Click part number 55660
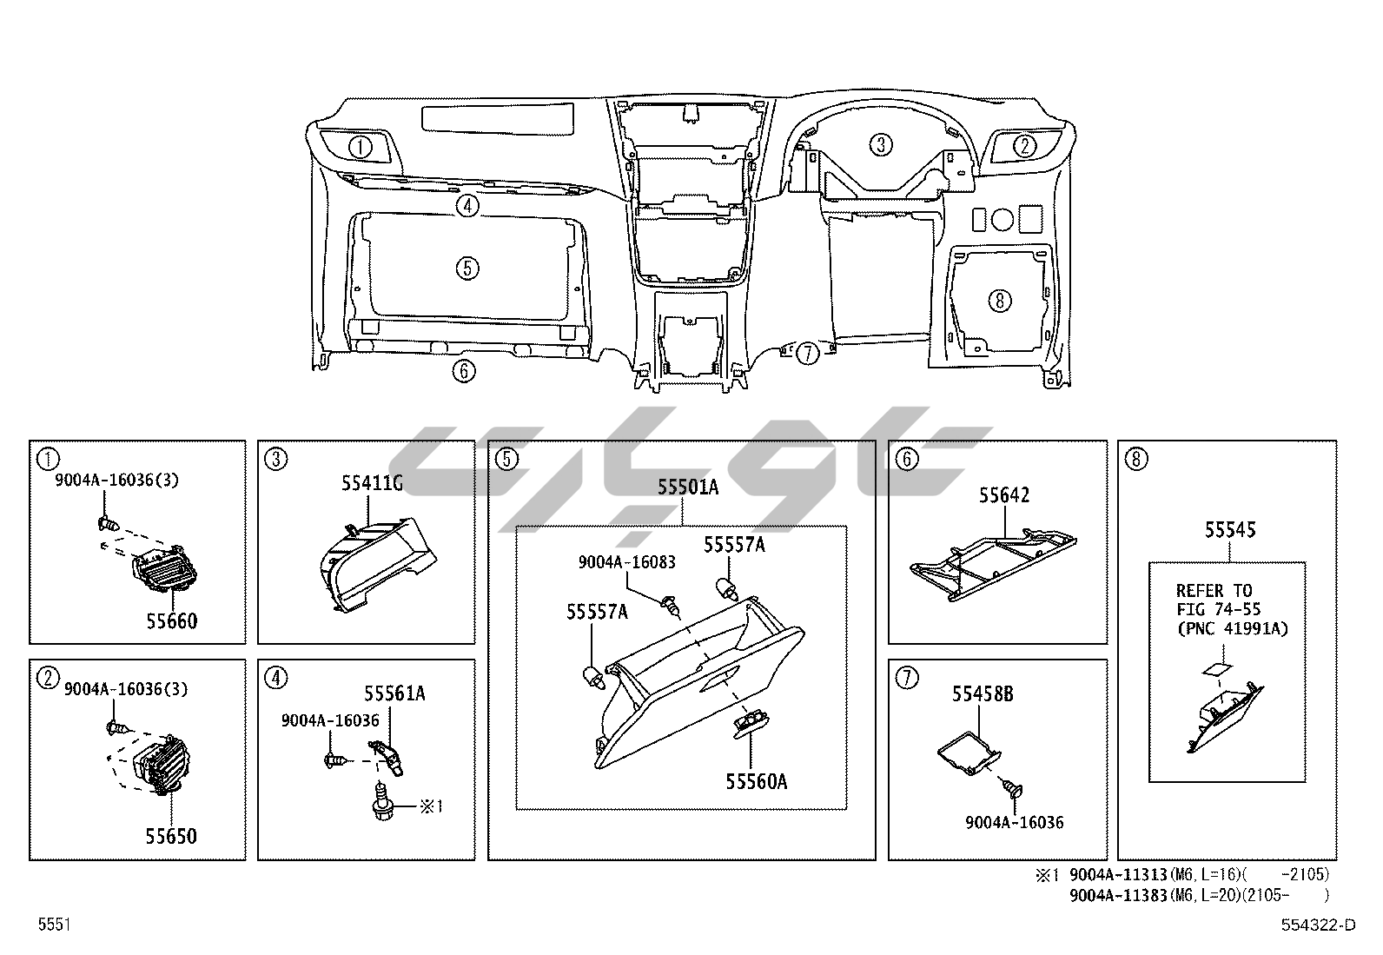pos(171,620)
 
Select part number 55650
pos(171,836)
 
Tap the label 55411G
pos(371,484)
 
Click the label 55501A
pos(687,487)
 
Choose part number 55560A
pos(757,782)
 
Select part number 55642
pos(1004,495)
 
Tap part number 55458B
pos(983,693)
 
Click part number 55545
pos(1229,530)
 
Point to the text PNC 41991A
pos(1233,628)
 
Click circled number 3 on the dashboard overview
pos(881,144)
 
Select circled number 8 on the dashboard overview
pos(1000,301)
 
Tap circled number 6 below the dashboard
pos(464,372)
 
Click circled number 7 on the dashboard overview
pos(808,353)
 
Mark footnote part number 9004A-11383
pos(1118,894)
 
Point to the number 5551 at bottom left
pos(53,925)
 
